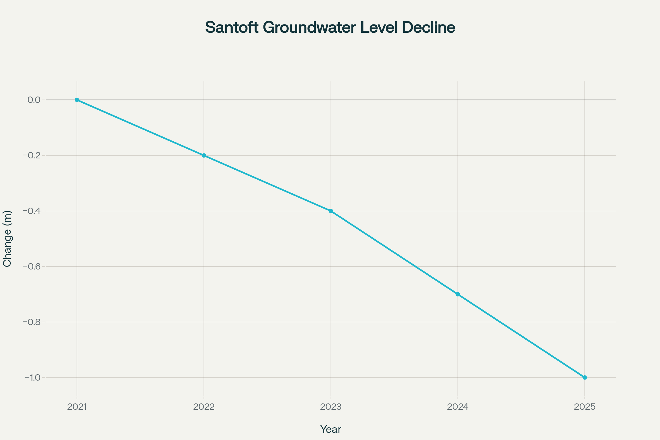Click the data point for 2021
[77, 100]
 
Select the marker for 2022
[204, 155]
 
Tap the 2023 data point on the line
[331, 211]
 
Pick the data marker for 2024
[458, 294]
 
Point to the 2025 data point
[585, 377]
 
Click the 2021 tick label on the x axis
[77, 407]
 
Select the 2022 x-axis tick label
[204, 407]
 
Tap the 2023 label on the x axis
[331, 407]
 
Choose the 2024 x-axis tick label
[458, 407]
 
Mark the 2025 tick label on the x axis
[585, 407]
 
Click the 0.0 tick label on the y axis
[34, 100]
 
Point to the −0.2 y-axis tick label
[32, 155]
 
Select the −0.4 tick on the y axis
[32, 211]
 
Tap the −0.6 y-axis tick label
[32, 266]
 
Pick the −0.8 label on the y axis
[32, 322]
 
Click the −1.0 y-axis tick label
[32, 377]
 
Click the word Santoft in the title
[232, 28]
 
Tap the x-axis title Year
[331, 429]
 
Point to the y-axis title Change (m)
[7, 238]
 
